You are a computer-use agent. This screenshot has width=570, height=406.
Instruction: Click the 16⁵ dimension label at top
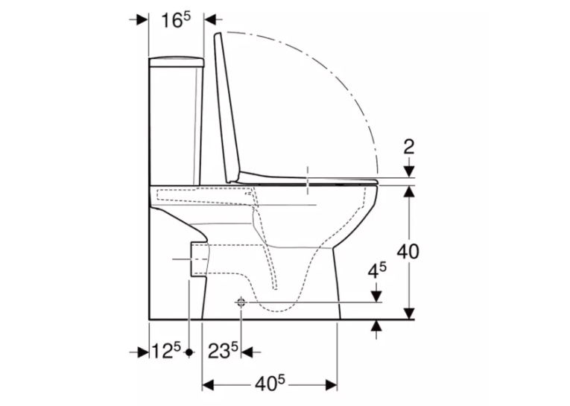click(176, 20)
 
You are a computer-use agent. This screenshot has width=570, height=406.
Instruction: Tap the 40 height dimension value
click(408, 252)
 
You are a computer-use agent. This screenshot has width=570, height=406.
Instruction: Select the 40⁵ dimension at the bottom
click(270, 384)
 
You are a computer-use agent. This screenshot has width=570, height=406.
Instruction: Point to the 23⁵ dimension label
click(223, 351)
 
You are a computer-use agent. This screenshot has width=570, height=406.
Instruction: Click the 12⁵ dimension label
click(165, 351)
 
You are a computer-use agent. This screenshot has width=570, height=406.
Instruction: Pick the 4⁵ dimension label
click(377, 270)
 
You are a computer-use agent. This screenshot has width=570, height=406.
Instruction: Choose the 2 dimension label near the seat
click(409, 147)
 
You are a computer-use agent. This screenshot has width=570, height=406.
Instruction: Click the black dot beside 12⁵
click(189, 352)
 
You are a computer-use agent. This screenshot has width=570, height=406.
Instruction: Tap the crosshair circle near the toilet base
click(241, 302)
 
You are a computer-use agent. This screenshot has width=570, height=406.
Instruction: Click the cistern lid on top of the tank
click(177, 62)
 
